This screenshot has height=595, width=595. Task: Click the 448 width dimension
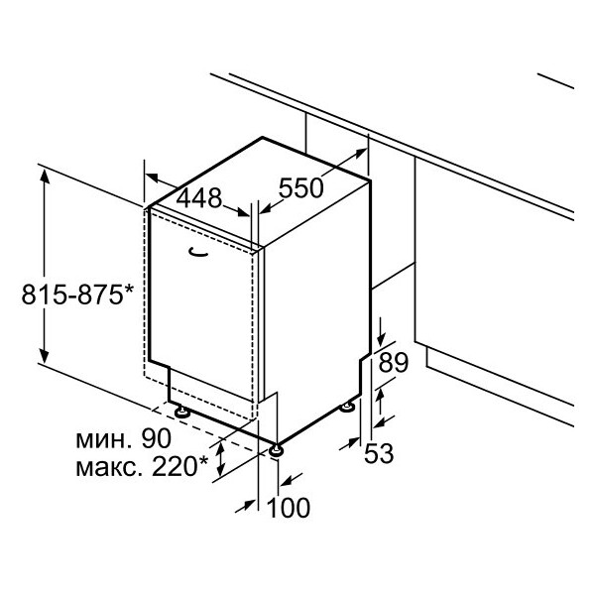pyautogui.click(x=199, y=198)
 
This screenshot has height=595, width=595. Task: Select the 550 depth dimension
pyautogui.click(x=300, y=187)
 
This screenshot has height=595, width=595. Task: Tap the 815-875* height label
pyautogui.click(x=77, y=295)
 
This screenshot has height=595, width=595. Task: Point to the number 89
pyautogui.click(x=393, y=362)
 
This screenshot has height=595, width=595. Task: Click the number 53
pyautogui.click(x=379, y=453)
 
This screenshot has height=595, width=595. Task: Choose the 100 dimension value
pyautogui.click(x=289, y=508)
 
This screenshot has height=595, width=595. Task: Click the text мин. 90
pyautogui.click(x=124, y=438)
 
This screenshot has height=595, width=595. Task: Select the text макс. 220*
pyautogui.click(x=142, y=467)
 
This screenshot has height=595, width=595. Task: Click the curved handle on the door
pyautogui.click(x=198, y=252)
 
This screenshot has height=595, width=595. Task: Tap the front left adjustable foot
pyautogui.click(x=182, y=411)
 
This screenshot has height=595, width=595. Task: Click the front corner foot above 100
pyautogui.click(x=276, y=451)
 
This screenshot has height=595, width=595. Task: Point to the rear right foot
pyautogui.click(x=347, y=408)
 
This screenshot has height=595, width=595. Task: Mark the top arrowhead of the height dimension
pyautogui.click(x=45, y=176)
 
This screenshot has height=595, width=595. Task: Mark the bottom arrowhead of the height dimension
pyautogui.click(x=45, y=356)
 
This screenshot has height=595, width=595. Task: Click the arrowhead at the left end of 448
pyautogui.click(x=152, y=177)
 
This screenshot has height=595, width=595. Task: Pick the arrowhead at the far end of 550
pyautogui.click(x=361, y=153)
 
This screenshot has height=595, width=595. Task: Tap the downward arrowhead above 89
pyautogui.click(x=382, y=338)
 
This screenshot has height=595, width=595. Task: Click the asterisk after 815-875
pyautogui.click(x=129, y=290)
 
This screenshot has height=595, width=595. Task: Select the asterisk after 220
pyautogui.click(x=203, y=461)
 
